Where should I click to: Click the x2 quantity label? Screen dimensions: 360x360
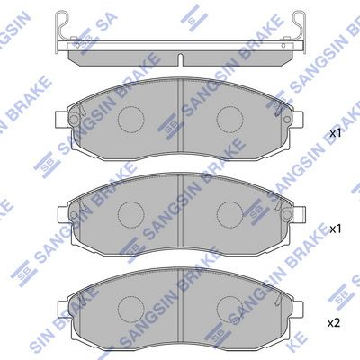pyautogui.click(x=334, y=323)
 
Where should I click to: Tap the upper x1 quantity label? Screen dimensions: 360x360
pyautogui.click(x=336, y=133)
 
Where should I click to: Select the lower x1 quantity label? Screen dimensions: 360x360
pyautogui.click(x=336, y=229)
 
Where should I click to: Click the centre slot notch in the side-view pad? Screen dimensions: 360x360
pyautogui.click(x=180, y=59)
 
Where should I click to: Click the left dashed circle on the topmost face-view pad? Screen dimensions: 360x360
pyautogui.click(x=130, y=119)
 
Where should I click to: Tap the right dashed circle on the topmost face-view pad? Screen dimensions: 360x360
pyautogui.click(x=229, y=119)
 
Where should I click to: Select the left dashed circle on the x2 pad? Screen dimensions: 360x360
pyautogui.click(x=130, y=310)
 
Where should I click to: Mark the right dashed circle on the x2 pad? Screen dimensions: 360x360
pyautogui.click(x=229, y=310)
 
